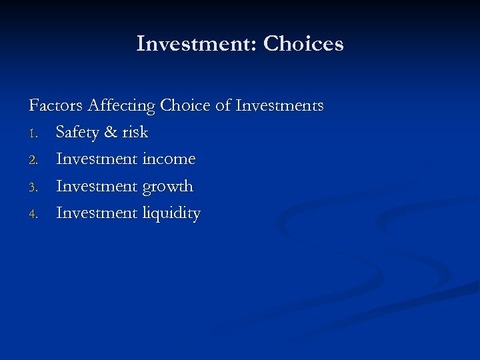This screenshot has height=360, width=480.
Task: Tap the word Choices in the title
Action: pyautogui.click(x=303, y=44)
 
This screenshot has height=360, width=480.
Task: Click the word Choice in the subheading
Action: pyautogui.click(x=184, y=105)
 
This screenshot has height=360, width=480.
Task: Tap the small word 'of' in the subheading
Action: pyautogui.click(x=223, y=105)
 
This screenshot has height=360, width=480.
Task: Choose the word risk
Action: pyautogui.click(x=135, y=133)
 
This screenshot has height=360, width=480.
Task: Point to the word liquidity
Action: pyautogui.click(x=171, y=214)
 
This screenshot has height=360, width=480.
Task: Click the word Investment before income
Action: pyautogui.click(x=97, y=159)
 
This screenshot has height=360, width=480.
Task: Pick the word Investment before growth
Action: pyautogui.click(x=97, y=186)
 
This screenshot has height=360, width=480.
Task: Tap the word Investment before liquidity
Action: pyautogui.click(x=97, y=213)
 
